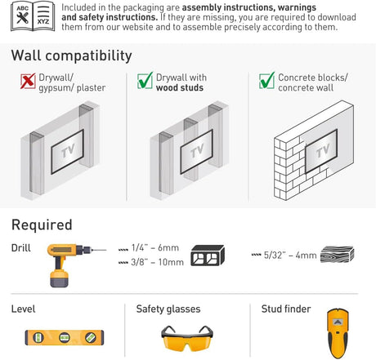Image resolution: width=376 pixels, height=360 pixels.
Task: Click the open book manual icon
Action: tap(33, 17)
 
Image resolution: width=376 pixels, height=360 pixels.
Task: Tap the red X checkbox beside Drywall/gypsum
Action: tap(28, 81)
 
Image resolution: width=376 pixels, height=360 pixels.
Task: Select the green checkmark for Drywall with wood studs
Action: tap(145, 80)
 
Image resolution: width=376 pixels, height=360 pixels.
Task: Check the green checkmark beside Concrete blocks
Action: tap(266, 80)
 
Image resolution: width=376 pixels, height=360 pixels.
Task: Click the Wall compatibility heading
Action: tap(71, 56)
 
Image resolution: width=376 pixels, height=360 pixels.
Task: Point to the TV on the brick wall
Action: tap(321, 151)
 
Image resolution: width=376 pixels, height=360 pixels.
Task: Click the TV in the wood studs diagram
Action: tap(196, 152)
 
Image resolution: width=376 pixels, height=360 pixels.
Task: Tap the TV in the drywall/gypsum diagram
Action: tap(67, 152)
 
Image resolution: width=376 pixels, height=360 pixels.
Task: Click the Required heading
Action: tap(42, 224)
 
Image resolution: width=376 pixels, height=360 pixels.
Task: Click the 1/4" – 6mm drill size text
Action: tap(155, 248)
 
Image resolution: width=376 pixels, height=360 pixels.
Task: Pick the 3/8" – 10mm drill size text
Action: tap(157, 262)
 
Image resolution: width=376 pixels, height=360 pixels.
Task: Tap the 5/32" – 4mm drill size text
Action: tap(290, 256)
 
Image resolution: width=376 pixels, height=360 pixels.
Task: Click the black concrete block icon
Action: tap(208, 256)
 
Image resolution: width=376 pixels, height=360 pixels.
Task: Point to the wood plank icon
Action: tap(337, 255)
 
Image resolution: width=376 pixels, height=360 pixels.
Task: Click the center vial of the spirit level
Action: tap(65, 338)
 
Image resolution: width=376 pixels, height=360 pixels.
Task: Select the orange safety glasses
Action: tap(187, 338)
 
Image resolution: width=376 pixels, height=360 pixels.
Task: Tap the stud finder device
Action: tap(338, 333)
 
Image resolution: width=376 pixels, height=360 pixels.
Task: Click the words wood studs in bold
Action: tap(180, 87)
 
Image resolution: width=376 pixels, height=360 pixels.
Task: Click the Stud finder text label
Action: tap(286, 309)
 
